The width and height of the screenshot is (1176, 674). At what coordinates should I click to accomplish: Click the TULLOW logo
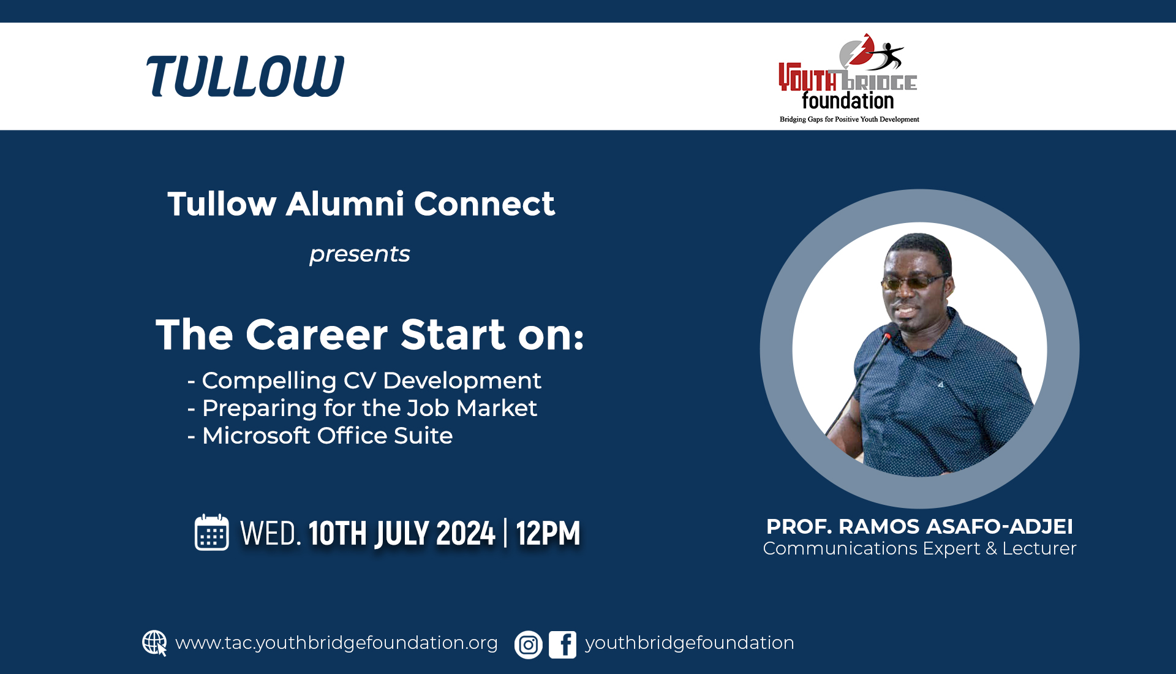click(x=245, y=76)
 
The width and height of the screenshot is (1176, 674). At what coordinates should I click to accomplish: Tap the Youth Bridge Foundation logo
click(x=849, y=78)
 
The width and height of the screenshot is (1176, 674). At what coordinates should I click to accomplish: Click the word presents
click(x=360, y=254)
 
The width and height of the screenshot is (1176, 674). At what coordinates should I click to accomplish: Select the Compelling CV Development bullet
click(x=364, y=381)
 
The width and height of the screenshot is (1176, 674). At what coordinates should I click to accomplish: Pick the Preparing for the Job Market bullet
click(x=362, y=408)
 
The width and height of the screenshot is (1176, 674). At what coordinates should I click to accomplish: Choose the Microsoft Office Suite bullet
click(x=320, y=436)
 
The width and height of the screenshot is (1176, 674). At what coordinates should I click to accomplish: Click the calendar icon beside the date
click(x=212, y=532)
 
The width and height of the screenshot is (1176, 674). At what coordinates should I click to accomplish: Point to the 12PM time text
click(x=548, y=533)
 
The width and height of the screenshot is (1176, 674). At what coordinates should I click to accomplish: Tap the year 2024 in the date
click(x=466, y=533)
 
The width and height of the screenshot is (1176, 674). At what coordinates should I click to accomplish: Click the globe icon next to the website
click(x=154, y=643)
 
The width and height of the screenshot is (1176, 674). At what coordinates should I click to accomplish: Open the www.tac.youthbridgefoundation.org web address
click(x=336, y=643)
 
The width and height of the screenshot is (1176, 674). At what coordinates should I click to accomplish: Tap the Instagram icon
click(x=529, y=645)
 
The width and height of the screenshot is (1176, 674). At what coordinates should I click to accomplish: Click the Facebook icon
click(x=562, y=645)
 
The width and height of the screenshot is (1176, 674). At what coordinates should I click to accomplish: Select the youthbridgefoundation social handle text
click(x=690, y=643)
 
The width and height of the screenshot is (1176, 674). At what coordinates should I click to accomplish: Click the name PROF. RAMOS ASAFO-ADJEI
click(x=919, y=526)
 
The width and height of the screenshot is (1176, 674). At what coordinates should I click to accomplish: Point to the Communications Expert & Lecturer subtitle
click(x=919, y=548)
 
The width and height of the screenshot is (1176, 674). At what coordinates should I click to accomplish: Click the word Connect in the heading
click(x=484, y=204)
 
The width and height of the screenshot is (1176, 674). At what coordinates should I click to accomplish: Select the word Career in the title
click(x=317, y=335)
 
